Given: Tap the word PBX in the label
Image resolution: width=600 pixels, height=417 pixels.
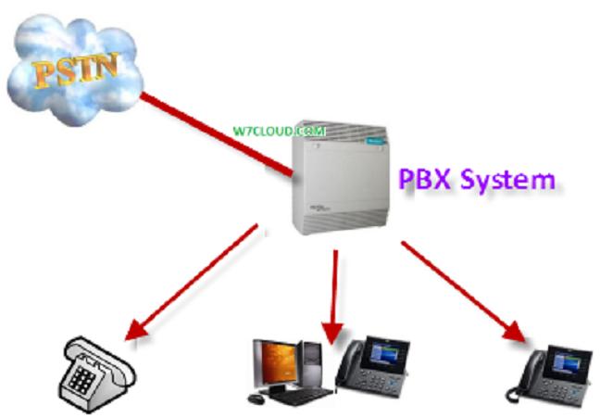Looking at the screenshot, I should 424,177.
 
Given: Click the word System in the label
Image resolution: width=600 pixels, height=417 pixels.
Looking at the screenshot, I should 506,179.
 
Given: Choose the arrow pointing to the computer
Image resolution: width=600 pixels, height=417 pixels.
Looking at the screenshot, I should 334,292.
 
